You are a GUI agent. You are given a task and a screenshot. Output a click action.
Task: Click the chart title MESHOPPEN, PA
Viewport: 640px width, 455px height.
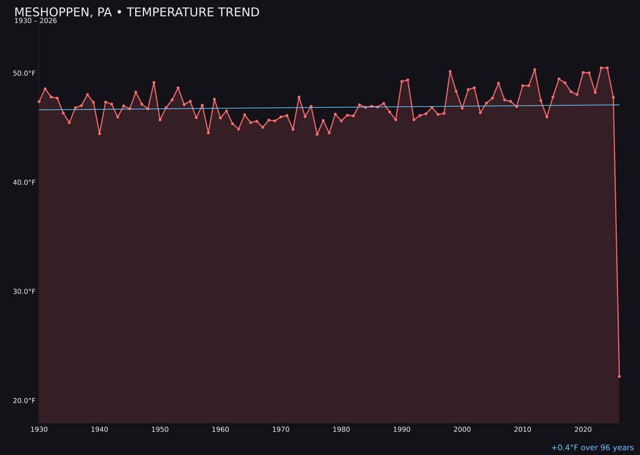(136, 12)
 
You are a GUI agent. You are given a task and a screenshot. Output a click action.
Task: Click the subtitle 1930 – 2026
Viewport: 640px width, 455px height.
(36, 21)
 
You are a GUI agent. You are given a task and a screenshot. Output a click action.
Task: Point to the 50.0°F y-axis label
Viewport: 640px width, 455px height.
(25, 73)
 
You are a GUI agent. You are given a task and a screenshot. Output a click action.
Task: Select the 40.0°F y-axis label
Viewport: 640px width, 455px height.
(25, 182)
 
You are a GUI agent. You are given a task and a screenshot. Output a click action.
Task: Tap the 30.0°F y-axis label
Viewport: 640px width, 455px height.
(25, 291)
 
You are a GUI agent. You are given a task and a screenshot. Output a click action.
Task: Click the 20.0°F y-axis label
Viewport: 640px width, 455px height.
(25, 400)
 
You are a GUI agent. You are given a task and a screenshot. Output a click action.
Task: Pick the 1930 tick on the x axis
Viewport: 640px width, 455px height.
(39, 429)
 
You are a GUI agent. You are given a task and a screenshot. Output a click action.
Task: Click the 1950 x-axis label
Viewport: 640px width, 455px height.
(160, 429)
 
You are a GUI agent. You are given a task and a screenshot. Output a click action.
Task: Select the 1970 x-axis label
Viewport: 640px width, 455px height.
(281, 429)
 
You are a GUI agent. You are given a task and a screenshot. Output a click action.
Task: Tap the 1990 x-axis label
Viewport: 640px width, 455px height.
(402, 429)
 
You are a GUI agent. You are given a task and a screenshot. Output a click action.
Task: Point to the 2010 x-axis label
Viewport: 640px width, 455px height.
(523, 429)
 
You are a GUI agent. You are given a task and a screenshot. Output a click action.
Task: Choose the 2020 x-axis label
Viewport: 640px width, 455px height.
(583, 429)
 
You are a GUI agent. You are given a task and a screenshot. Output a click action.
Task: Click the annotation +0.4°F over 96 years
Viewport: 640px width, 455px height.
(592, 448)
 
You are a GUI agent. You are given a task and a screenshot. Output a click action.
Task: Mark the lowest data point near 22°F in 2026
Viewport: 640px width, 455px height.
(619, 376)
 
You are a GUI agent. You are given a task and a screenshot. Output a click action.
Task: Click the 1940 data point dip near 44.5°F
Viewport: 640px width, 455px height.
(100, 133)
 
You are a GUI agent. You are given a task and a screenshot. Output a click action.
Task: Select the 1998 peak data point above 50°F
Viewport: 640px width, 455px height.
(450, 72)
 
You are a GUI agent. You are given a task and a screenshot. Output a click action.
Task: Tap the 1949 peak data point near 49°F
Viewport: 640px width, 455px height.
(154, 82)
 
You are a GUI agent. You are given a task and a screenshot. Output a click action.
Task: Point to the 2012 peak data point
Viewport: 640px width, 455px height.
(535, 70)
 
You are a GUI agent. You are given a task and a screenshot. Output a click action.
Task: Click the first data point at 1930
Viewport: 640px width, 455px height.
(39, 101)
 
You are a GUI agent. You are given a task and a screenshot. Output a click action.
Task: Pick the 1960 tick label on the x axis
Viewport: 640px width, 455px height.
(220, 429)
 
